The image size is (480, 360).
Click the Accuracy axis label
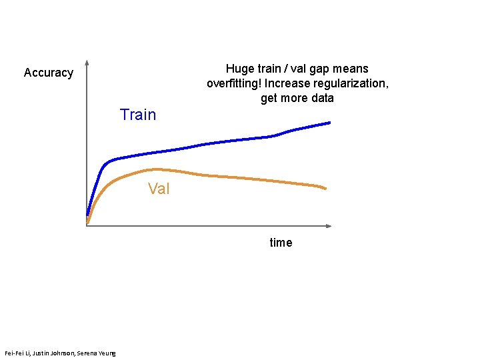coord(48,73)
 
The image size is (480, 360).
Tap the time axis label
coord(281,243)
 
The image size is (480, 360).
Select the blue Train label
coord(138,115)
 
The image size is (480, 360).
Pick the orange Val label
coord(159,189)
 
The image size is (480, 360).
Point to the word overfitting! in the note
coord(234,84)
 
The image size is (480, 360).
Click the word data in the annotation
coord(321,99)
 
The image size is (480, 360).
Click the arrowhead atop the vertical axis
coord(87,64)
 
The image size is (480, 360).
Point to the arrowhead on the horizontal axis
coord(328,226)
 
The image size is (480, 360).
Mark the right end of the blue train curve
coord(330,123)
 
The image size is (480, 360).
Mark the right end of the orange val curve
coord(325,189)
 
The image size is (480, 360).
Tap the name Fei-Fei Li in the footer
coord(18,353)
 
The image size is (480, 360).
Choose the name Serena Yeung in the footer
coord(97,353)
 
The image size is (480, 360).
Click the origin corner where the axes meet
coord(87,226)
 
